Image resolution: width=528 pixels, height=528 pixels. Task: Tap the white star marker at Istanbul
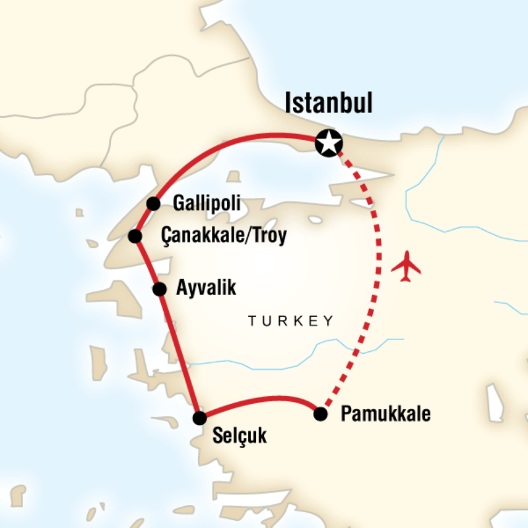328,142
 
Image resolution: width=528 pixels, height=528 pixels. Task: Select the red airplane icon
406,266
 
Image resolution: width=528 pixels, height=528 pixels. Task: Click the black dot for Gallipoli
153,203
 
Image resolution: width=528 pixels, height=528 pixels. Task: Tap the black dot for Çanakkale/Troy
135,236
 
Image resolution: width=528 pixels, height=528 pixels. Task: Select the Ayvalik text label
206,289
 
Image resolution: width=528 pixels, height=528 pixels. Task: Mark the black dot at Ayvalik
159,289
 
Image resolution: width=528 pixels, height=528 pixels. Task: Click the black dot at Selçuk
199,417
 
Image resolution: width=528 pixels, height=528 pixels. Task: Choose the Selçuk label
240,436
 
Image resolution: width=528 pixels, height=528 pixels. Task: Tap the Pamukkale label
385,414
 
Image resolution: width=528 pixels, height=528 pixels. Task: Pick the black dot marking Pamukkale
320,414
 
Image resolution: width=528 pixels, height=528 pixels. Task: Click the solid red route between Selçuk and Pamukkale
264,399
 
